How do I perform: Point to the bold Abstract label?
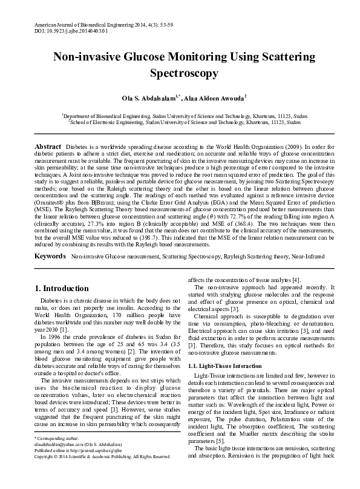click(48, 147)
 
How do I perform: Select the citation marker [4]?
click(296, 280)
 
